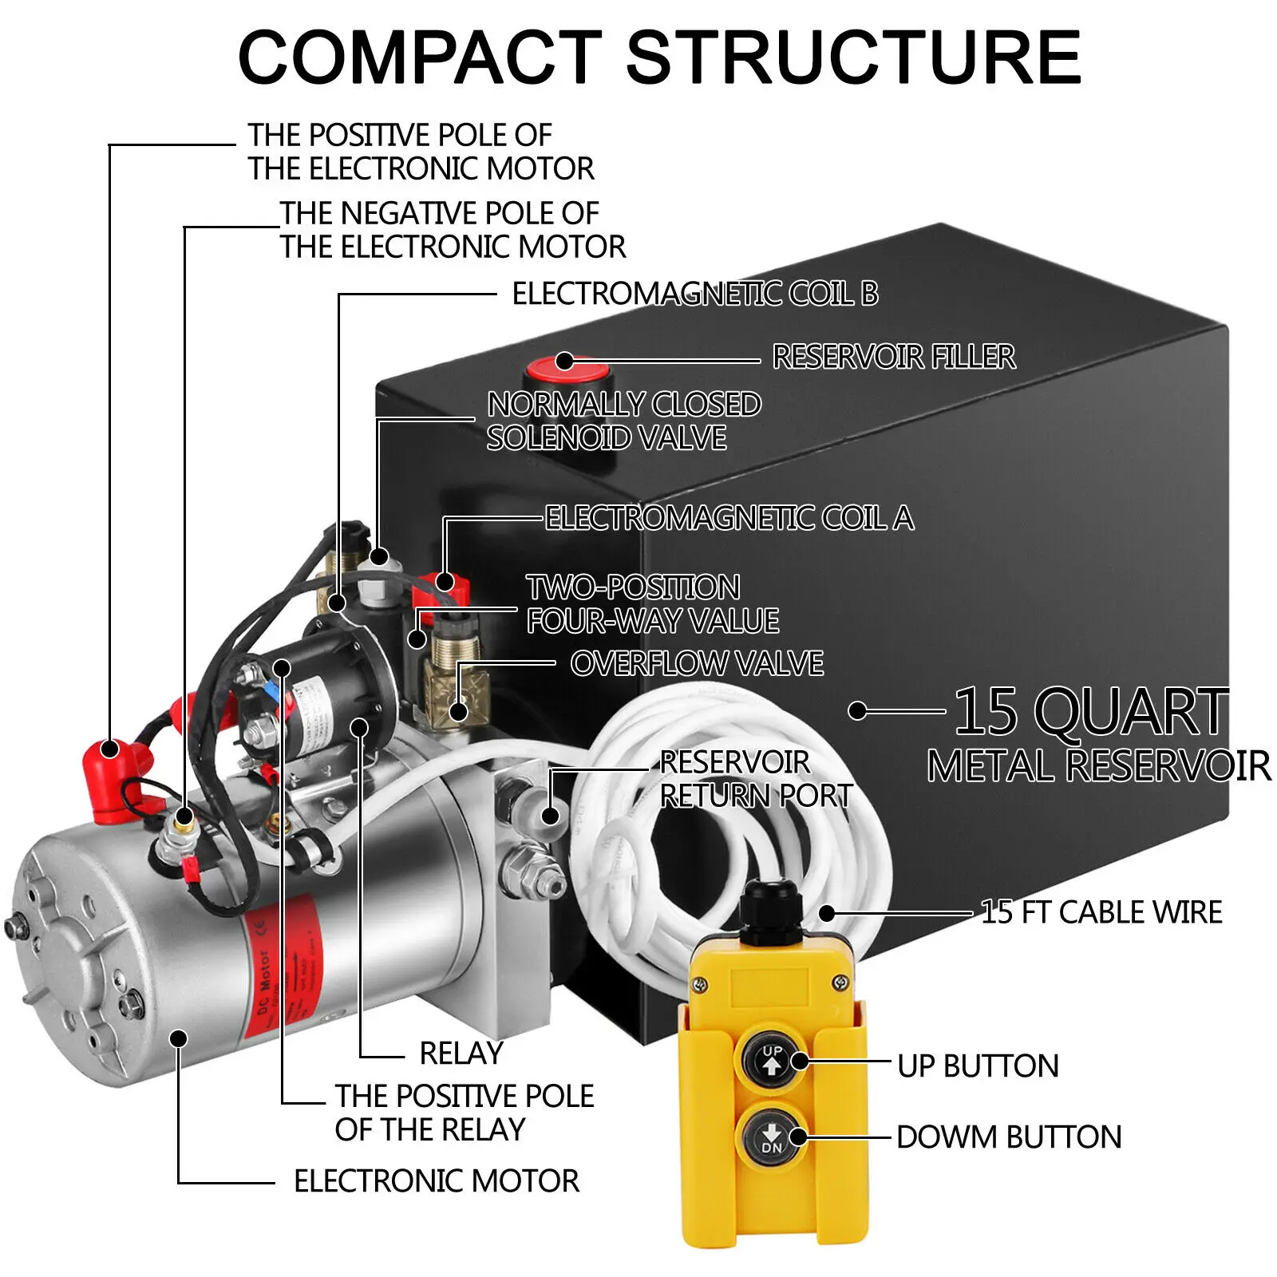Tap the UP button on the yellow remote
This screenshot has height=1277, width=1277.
point(771,1061)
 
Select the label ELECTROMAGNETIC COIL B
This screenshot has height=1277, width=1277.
point(694,294)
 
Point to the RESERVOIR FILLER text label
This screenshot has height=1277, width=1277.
point(894,357)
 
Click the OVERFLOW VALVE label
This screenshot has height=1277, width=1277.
point(697,664)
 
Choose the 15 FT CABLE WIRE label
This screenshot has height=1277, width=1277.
point(1101,912)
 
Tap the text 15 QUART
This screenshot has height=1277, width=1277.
point(1090,712)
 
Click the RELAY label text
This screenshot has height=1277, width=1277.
point(461,1054)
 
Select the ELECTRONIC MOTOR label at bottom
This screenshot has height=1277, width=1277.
point(437,1181)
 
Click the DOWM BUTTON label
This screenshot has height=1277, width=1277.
point(1009,1137)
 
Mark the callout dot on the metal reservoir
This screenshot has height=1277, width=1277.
point(857,710)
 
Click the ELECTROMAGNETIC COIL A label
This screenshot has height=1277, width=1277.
point(729,519)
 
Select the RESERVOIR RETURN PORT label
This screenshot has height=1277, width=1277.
point(754,779)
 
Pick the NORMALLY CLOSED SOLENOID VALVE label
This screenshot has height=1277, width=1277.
point(623,421)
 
